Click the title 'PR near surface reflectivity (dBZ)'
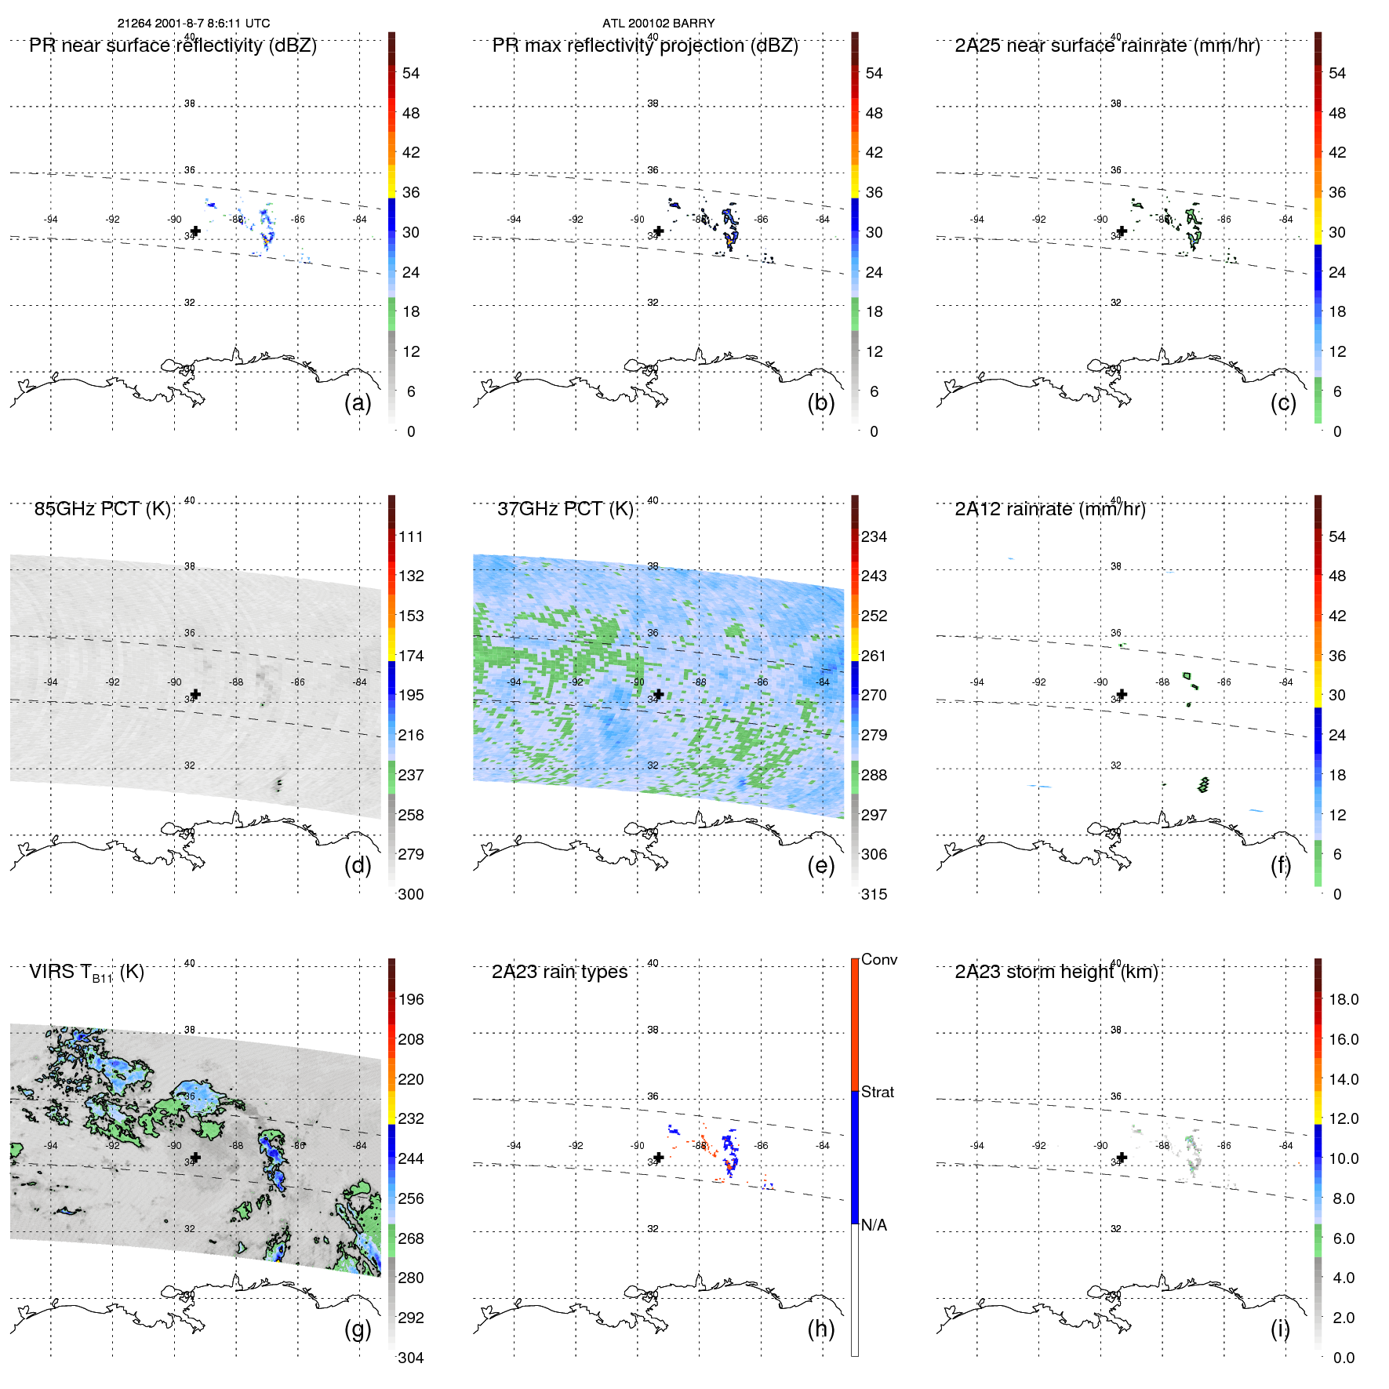point(173,45)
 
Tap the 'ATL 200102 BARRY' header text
point(658,24)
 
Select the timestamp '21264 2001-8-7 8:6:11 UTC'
point(194,24)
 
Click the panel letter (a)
point(358,403)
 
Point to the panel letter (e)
point(820,866)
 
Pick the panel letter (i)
point(1280,1329)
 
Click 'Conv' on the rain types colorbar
point(878,960)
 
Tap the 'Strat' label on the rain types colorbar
point(877,1093)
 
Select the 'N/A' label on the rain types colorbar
point(874,1225)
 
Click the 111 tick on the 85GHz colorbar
point(411,537)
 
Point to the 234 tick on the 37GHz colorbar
point(874,537)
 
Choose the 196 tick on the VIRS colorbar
point(411,1000)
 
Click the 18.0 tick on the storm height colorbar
point(1343,1000)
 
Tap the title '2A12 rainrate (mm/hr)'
point(1049,509)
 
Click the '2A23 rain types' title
point(559,972)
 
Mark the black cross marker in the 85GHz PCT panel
point(196,694)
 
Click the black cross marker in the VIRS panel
point(196,1157)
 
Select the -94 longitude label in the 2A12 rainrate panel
point(976,682)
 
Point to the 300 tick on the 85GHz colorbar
point(411,895)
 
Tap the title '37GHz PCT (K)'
point(565,509)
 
